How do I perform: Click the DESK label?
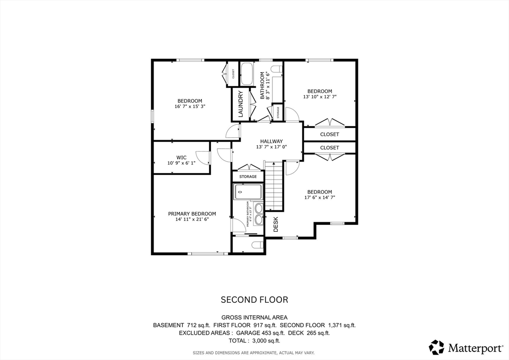click(276, 224)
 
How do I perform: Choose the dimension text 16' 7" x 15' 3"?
click(190, 106)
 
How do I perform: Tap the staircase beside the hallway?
click(273, 186)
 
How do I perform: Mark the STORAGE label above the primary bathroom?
click(248, 177)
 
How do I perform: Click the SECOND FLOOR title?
click(254, 300)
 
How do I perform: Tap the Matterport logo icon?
click(437, 347)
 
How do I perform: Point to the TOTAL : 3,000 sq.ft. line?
click(254, 341)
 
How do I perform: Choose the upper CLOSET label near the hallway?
click(329, 134)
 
